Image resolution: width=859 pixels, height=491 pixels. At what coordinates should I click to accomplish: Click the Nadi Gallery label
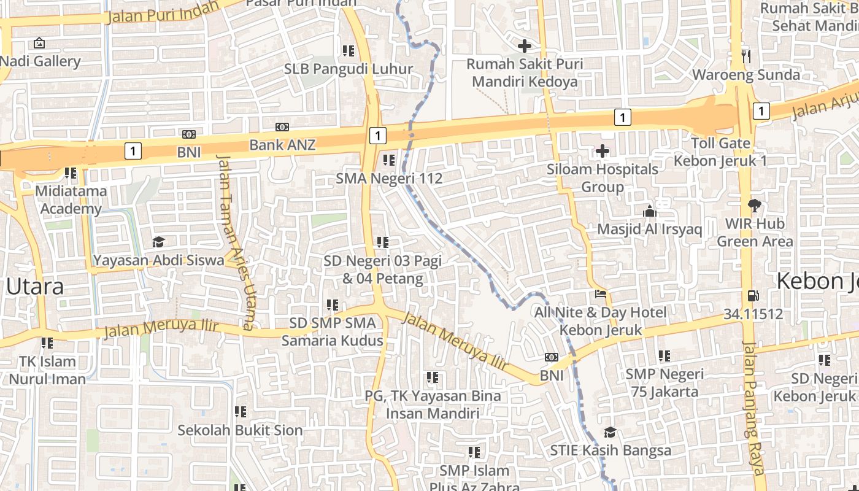pos(40,61)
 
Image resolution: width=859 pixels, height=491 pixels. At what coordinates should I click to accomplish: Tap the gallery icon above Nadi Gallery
pos(39,43)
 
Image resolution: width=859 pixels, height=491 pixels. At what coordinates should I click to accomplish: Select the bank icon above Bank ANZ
pos(282,127)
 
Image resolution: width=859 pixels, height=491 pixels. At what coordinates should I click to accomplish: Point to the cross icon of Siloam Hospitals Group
pos(603,150)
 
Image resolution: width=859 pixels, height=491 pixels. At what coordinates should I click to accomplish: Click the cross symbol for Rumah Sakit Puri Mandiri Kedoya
pos(525,45)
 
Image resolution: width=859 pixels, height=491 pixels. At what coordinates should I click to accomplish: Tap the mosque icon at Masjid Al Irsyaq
pos(649,211)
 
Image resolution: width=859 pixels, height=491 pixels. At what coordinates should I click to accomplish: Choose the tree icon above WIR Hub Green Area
pos(754,206)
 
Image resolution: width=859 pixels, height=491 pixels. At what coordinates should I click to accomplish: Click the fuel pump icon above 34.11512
pos(753,296)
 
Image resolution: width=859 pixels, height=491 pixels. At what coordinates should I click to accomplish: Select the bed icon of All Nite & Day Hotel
pos(601,294)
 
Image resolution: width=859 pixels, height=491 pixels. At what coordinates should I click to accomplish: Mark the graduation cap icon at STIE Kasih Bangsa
pos(610,432)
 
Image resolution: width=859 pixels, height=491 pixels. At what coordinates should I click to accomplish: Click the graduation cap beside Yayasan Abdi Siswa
pos(159,242)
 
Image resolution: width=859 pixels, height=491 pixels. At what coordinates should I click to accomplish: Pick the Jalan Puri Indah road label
pos(163,12)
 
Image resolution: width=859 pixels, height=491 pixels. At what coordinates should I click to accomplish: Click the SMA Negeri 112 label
pos(389,179)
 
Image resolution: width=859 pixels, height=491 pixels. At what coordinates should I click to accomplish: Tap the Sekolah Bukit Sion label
pos(240,430)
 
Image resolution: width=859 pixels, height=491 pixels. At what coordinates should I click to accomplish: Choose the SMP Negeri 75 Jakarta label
pos(664,382)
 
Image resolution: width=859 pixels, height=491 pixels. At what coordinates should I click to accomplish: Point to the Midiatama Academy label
pos(71,199)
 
